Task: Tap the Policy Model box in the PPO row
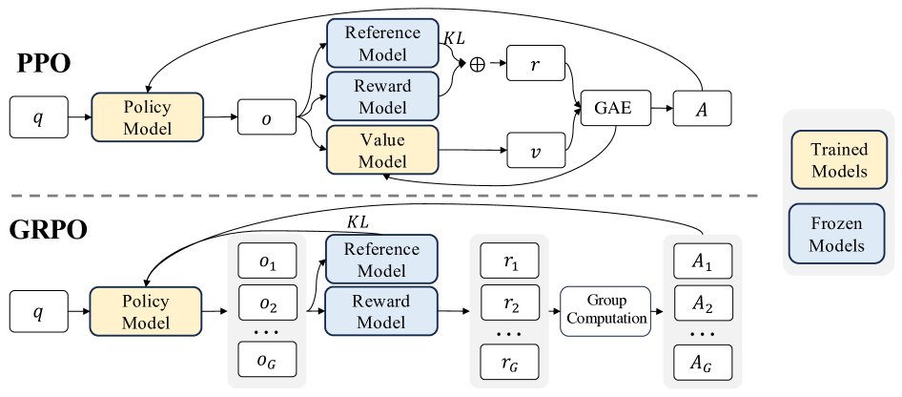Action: [148, 116]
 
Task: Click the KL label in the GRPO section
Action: [358, 221]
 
